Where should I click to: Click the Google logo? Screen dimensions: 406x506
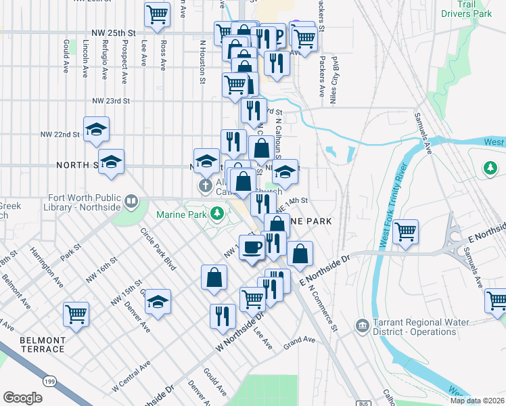[x=22, y=398]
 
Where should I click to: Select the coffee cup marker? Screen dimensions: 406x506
[x=252, y=246]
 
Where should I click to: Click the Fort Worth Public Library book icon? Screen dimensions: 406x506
[x=131, y=201]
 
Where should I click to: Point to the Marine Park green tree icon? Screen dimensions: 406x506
[x=216, y=215]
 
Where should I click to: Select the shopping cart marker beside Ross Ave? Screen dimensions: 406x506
[x=158, y=13]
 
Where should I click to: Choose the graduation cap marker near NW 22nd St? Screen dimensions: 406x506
[x=97, y=128]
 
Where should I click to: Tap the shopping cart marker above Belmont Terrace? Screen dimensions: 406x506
[x=76, y=313]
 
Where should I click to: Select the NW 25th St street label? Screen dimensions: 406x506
[x=114, y=32]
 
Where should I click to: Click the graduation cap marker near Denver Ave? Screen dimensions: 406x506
[x=158, y=300]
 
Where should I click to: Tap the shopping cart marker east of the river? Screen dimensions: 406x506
[x=406, y=231]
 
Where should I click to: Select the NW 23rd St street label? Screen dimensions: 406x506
[x=111, y=100]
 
